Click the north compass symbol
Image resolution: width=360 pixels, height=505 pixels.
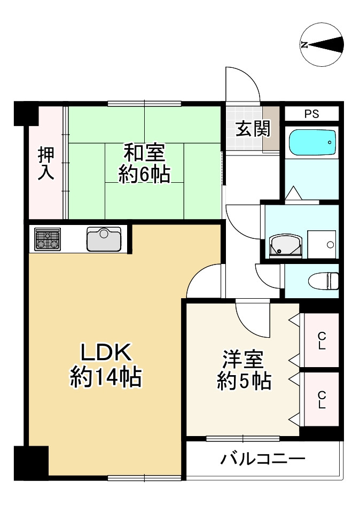coord(322,45)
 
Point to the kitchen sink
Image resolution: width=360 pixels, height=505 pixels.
coord(104,239)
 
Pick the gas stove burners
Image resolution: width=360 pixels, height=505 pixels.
coord(48,239)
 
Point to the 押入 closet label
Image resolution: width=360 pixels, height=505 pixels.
coord(45,163)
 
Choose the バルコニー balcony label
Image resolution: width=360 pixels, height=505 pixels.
coord(263,459)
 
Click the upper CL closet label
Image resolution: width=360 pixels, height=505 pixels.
coord(322,340)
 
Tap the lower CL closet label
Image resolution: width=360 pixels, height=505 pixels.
coord(322,399)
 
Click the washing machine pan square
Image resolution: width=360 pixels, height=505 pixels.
coord(322,244)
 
